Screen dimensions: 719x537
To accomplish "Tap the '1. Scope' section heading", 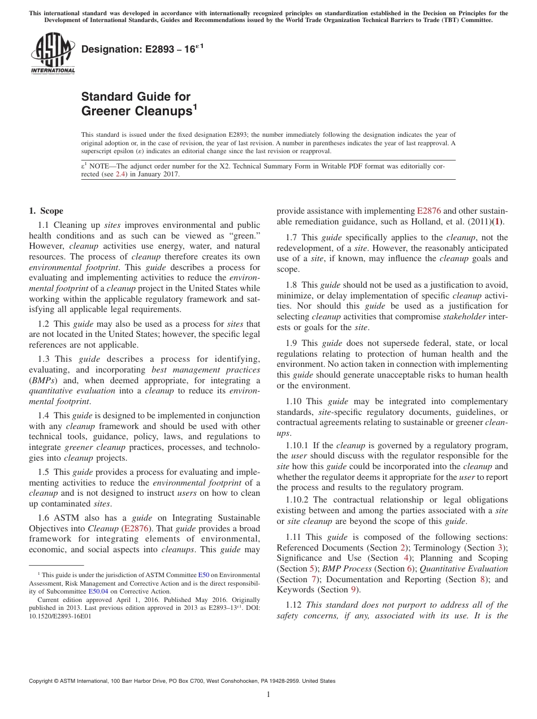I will click(46, 211).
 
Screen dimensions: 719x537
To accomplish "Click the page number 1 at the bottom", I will click(268, 695).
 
